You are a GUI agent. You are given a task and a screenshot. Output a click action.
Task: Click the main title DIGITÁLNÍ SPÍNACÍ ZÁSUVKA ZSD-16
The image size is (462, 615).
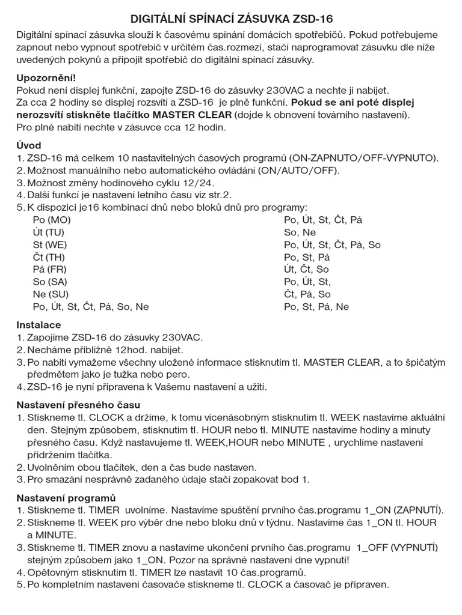click(x=231, y=19)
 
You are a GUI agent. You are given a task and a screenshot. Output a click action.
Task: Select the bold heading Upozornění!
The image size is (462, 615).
click(x=46, y=77)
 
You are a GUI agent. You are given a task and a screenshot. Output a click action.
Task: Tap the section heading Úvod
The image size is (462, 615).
click(x=29, y=146)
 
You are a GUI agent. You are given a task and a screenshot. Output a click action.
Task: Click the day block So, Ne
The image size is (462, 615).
click(x=300, y=232)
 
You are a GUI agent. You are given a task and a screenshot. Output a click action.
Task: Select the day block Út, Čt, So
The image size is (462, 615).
click(x=306, y=270)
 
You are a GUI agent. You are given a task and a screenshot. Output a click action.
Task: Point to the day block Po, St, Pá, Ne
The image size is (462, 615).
click(x=316, y=307)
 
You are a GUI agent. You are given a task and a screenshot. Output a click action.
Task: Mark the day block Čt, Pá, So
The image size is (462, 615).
click(x=307, y=294)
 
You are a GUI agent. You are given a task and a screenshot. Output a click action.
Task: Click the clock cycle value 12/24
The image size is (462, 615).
click(x=196, y=183)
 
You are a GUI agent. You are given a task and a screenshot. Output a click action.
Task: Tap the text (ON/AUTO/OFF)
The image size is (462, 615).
click(x=299, y=171)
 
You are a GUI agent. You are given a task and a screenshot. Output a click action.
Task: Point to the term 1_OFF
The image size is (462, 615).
click(x=370, y=548)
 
